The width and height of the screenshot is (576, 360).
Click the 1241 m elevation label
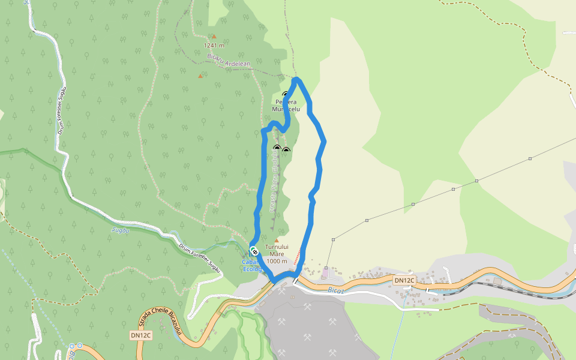click(x=214, y=45)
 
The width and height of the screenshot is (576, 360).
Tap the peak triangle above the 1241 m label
click(x=214, y=36)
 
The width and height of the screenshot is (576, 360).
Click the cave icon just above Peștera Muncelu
click(x=285, y=94)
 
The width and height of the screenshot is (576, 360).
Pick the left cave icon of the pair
click(x=277, y=148)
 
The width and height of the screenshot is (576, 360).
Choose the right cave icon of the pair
click(x=286, y=149)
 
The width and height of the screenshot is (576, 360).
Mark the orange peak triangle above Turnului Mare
click(x=277, y=240)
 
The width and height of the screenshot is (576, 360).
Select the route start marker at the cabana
click(x=254, y=251)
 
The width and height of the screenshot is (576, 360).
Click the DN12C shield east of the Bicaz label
click(x=404, y=280)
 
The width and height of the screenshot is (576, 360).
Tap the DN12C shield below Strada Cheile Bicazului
click(x=142, y=335)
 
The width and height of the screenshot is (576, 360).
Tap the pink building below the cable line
click(x=326, y=273)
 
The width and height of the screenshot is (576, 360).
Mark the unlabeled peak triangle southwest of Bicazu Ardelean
click(x=200, y=76)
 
